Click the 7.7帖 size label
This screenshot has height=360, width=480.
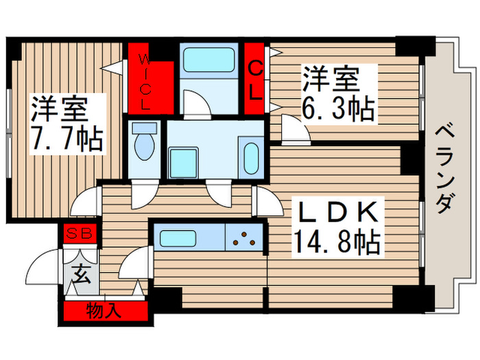coord(67,140)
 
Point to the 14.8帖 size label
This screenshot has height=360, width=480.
coord(336,241)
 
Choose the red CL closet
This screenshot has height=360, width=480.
coord(255,81)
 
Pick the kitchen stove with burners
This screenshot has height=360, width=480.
coord(244,240)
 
